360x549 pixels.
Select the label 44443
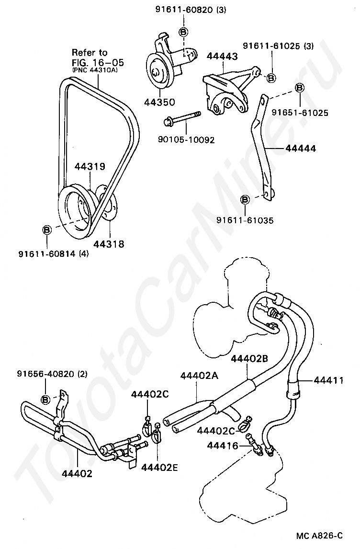point(222,57)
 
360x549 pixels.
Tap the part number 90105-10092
point(186,140)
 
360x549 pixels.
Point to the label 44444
point(301,149)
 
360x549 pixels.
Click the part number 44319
point(90,167)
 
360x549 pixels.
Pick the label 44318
point(108,244)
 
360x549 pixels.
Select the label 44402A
point(199,376)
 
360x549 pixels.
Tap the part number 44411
point(328,380)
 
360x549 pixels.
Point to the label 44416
point(223,446)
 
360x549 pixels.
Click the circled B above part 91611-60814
point(47,230)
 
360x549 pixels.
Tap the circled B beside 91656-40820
point(46,400)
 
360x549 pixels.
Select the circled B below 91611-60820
point(184,32)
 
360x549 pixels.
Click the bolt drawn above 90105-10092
point(182,119)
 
